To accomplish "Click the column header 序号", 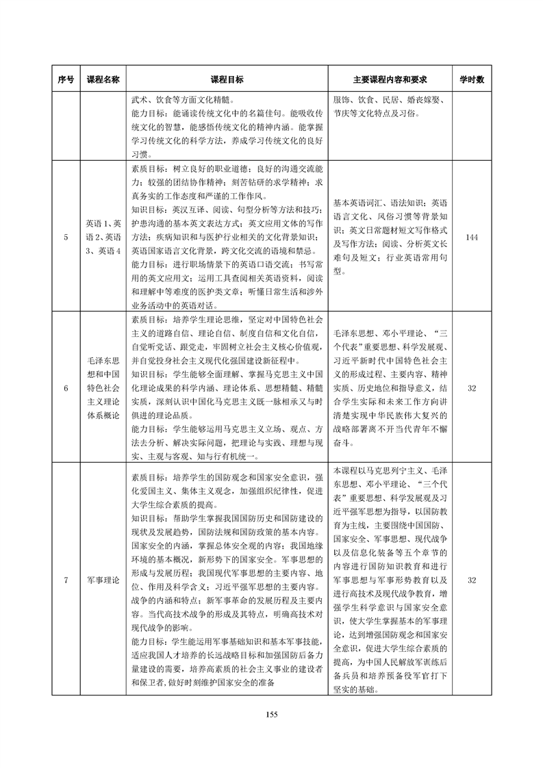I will pos(66,79).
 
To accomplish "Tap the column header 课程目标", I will pos(227,79).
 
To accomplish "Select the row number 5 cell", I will pos(66,237).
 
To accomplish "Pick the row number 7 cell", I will pos(66,580).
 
